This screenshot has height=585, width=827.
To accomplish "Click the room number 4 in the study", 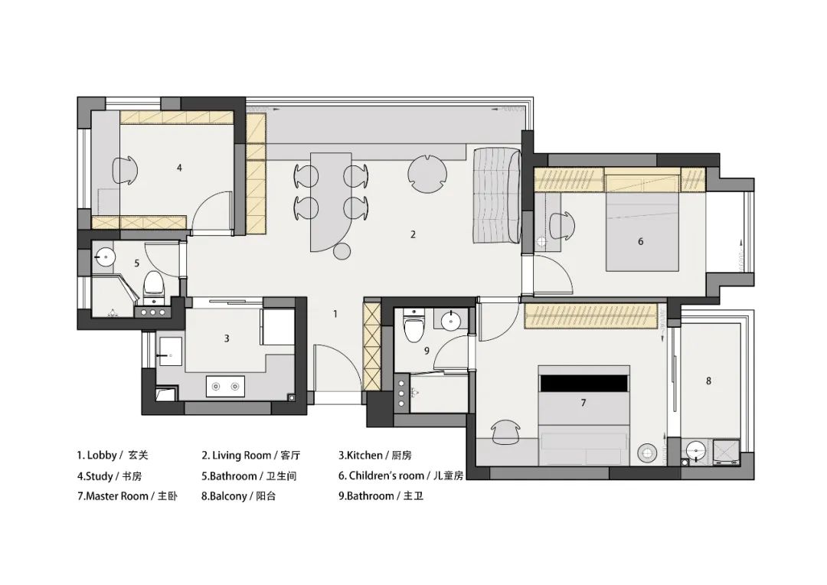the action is (x=179, y=168).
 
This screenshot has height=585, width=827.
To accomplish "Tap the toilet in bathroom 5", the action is (x=154, y=284).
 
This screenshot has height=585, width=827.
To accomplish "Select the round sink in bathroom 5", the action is (x=104, y=257).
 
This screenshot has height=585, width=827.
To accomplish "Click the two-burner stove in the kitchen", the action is (x=225, y=387).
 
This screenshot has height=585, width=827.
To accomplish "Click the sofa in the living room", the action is (x=496, y=196).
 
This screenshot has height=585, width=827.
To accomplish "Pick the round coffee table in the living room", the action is (x=427, y=174).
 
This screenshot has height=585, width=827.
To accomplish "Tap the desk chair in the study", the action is (x=126, y=170).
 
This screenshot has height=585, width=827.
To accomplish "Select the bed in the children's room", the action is (x=642, y=232).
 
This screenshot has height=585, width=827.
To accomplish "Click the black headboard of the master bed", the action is (x=583, y=384).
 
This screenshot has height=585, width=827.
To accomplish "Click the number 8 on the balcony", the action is (x=708, y=381).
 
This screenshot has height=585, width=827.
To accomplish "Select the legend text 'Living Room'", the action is (x=241, y=456).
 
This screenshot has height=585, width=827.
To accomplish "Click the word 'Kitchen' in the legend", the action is (x=364, y=456).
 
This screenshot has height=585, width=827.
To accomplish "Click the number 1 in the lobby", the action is (x=335, y=315).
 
